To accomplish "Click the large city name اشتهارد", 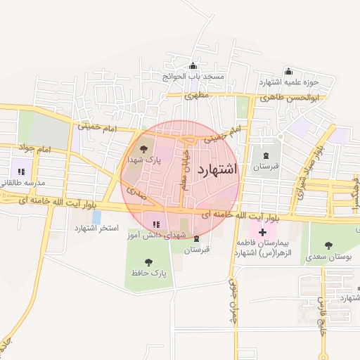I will click(x=218, y=169).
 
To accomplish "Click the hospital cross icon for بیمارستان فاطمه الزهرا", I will click(x=262, y=232).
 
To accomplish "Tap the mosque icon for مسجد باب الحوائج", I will click(x=193, y=67).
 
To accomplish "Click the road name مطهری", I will click(x=198, y=94).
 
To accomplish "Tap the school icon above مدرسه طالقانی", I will click(x=20, y=171).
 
